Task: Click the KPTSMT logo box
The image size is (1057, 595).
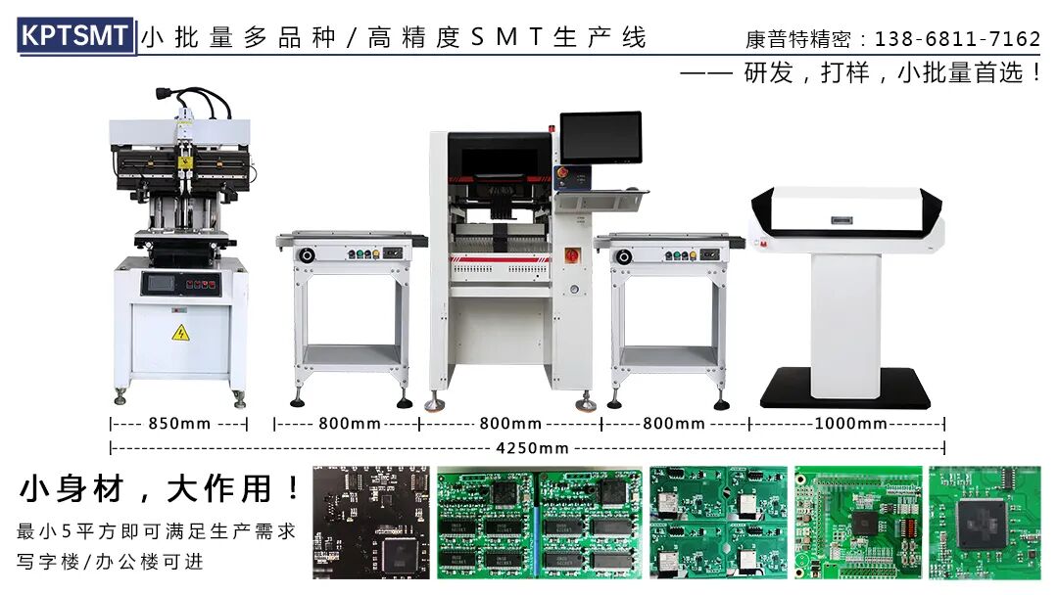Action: (75, 35)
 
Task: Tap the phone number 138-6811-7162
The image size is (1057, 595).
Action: (957, 39)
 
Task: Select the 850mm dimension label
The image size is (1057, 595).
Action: (179, 424)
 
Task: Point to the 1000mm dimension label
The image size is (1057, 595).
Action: (850, 424)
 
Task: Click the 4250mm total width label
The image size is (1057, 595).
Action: (532, 448)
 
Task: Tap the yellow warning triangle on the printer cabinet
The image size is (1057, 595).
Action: (180, 333)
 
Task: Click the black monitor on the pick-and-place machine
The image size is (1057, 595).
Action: (601, 138)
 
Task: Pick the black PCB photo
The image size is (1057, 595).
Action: (370, 523)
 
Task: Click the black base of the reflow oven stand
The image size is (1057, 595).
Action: (844, 388)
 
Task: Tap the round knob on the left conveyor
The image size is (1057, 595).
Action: (307, 255)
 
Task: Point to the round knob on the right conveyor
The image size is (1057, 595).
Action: (624, 256)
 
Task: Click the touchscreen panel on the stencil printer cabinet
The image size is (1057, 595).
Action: (161, 284)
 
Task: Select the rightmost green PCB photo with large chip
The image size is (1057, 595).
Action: (985, 523)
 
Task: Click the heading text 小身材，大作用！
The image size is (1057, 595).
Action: (160, 488)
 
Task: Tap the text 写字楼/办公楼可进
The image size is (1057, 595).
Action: (110, 562)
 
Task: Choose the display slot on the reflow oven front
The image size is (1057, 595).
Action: (841, 221)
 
